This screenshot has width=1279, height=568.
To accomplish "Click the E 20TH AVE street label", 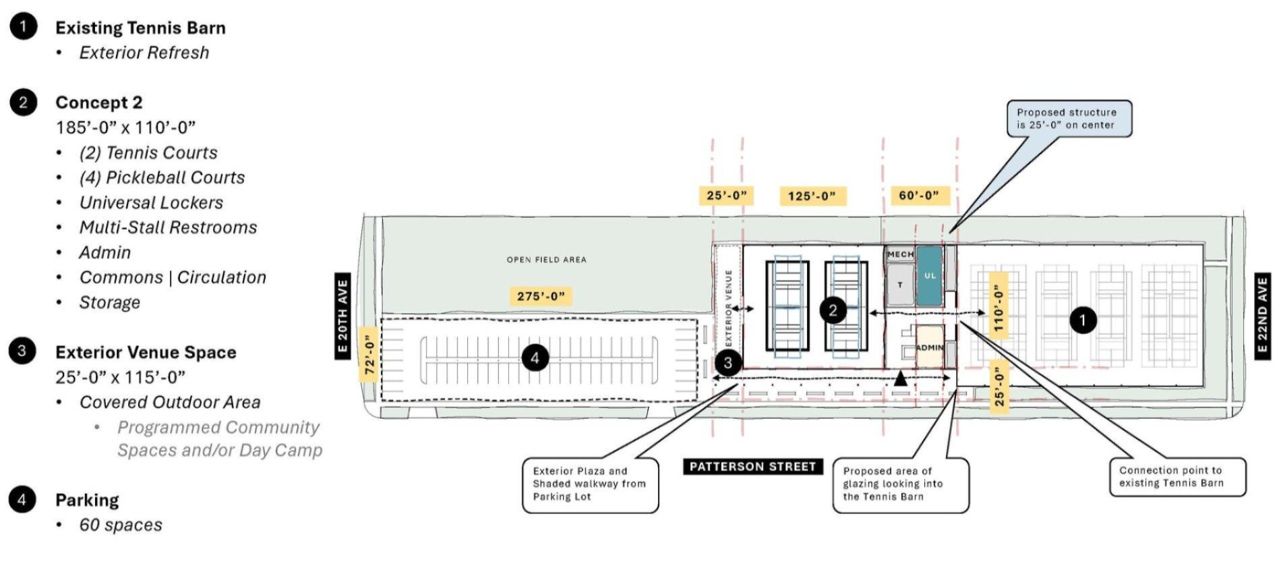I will [x=343, y=316].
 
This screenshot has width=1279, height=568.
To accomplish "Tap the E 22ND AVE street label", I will [x=1262, y=316].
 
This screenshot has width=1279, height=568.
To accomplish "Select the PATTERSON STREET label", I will [x=752, y=466].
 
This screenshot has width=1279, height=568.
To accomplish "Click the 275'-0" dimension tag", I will [x=541, y=295].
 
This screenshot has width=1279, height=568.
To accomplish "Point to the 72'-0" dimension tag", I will [x=369, y=355].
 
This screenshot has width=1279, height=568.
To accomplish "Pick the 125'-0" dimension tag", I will [x=812, y=196].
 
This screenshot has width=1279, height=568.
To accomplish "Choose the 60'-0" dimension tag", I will [x=919, y=195].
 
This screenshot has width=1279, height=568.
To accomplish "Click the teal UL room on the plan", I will [x=930, y=275].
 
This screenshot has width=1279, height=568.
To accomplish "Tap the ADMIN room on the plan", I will [x=930, y=347].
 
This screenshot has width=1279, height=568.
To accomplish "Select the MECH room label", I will [x=900, y=254].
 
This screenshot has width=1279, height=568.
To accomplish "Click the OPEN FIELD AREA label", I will [x=546, y=259].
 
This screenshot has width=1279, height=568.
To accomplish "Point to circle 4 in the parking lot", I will [x=535, y=358].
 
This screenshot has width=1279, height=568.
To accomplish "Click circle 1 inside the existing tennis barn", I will [x=1083, y=319].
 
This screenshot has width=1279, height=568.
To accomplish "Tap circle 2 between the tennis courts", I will [x=833, y=310].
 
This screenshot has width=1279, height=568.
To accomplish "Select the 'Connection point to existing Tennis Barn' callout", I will [x=1177, y=477].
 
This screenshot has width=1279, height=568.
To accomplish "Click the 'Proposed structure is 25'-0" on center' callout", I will [x=1069, y=119].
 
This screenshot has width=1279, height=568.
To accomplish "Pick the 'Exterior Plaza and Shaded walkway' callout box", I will [x=590, y=484].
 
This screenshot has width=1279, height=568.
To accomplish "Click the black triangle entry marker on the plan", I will [x=900, y=379].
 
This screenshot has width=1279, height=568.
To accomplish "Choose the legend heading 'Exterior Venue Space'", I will [x=146, y=352].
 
